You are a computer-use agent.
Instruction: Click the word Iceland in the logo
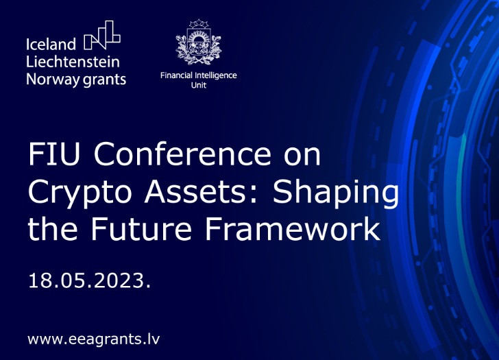click(x=51, y=45)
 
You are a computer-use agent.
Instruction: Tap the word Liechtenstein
click(x=73, y=62)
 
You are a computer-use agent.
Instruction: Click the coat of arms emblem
click(x=198, y=43)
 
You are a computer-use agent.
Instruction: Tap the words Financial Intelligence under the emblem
click(x=198, y=75)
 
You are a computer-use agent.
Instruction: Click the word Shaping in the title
click(x=337, y=193)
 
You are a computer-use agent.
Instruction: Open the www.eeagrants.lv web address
click(x=94, y=339)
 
